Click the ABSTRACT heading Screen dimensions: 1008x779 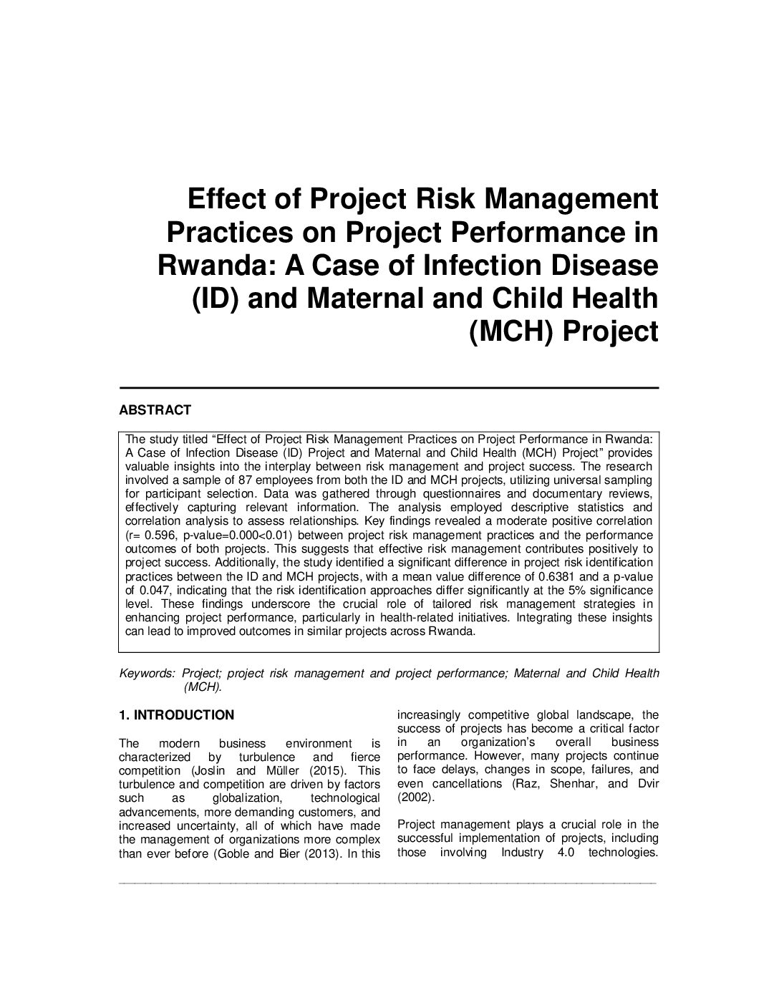[x=155, y=410]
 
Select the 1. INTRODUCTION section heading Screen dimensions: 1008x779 [x=176, y=715]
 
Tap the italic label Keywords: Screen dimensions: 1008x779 [x=147, y=674]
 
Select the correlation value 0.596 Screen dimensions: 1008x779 [x=159, y=535]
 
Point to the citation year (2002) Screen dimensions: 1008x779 [x=415, y=798]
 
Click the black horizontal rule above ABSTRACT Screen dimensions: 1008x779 [x=388, y=387]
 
